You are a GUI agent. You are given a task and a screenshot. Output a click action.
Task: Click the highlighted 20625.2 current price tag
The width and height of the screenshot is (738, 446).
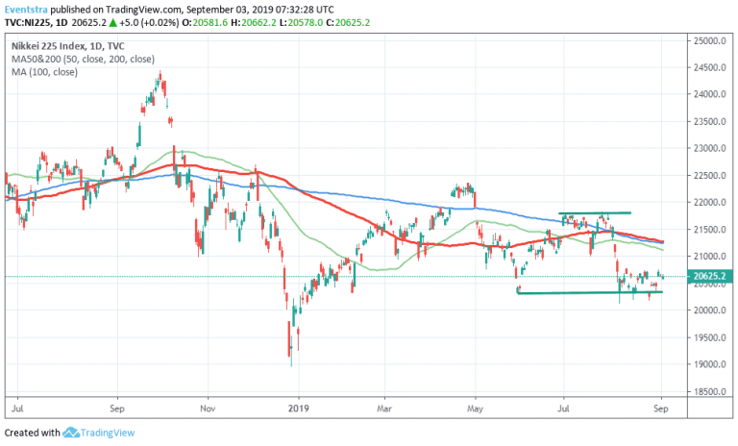pos(708,277)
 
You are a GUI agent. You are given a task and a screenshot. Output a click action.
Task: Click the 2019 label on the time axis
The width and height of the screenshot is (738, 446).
pos(299,408)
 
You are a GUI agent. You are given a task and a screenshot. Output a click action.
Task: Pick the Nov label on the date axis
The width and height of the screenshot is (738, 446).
pos(207,408)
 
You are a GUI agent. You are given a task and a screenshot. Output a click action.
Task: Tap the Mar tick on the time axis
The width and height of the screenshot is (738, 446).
pos(384,408)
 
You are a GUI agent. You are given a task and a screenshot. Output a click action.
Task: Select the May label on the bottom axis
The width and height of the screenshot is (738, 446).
pos(475,408)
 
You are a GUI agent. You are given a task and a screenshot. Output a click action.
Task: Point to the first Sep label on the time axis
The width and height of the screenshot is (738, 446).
pos(117,408)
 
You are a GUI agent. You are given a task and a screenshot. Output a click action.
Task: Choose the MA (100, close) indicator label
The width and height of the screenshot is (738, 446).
pos(44,72)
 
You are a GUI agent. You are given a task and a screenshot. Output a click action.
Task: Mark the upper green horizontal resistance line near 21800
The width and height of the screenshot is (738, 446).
pos(596,212)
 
